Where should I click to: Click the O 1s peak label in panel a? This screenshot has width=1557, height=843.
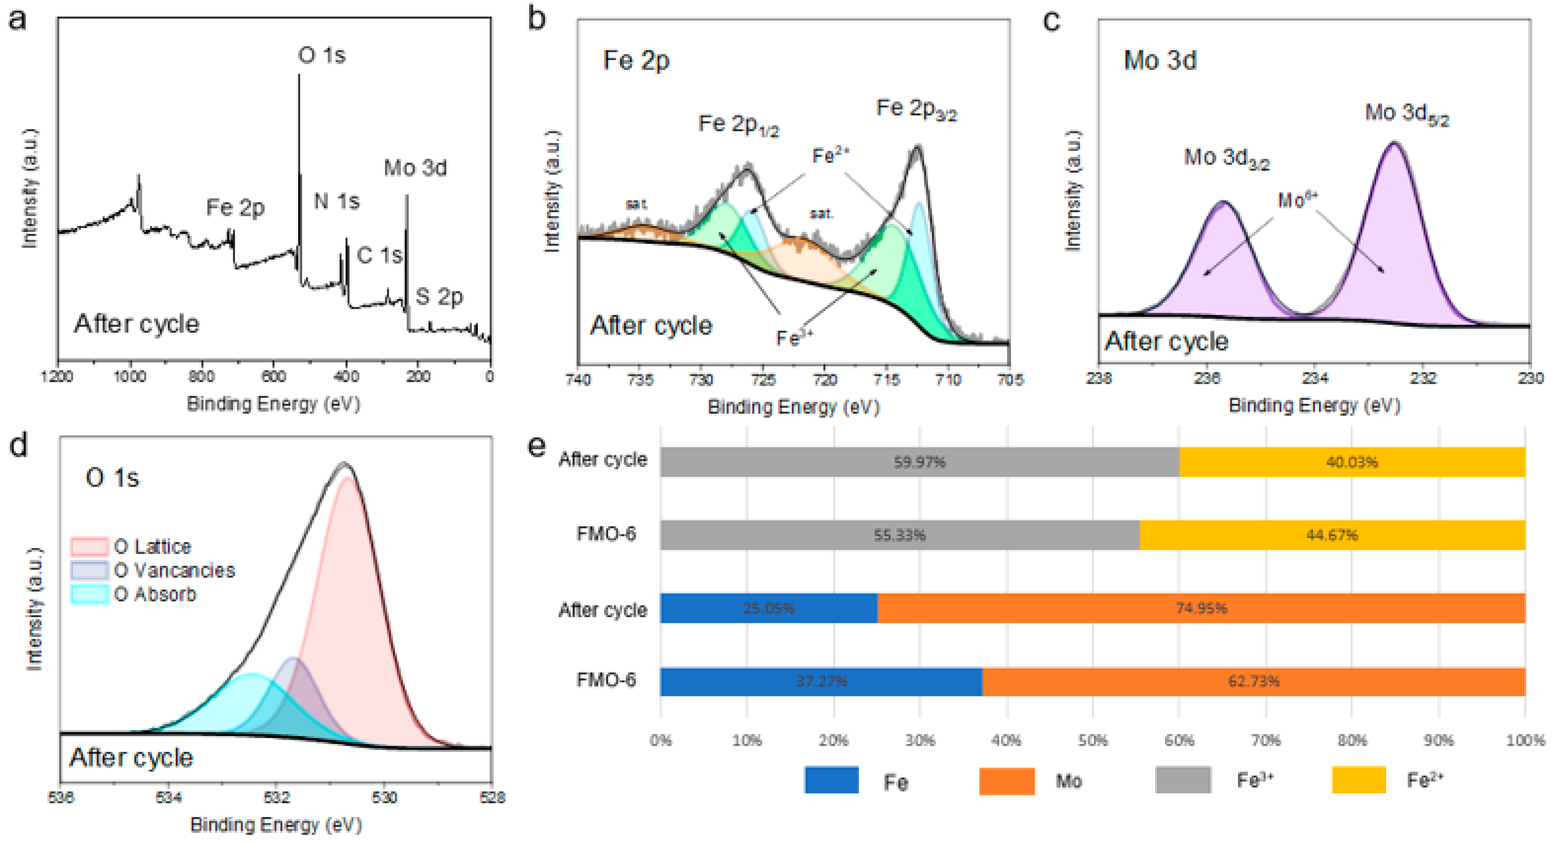pyautogui.click(x=322, y=55)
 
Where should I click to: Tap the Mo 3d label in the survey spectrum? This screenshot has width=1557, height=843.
pyautogui.click(x=415, y=168)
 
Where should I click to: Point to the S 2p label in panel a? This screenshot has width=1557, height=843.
pyautogui.click(x=439, y=296)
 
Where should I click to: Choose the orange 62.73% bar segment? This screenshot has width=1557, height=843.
pyautogui.click(x=1254, y=682)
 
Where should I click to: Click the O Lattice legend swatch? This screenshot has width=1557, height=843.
pyautogui.click(x=89, y=546)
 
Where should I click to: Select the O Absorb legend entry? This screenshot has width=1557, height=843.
pyautogui.click(x=155, y=594)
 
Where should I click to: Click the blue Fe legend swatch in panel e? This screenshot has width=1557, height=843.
pyautogui.click(x=831, y=780)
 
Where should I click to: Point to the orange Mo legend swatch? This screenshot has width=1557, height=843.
pyautogui.click(x=1006, y=780)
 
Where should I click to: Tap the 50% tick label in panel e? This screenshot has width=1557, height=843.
pyautogui.click(x=1093, y=740)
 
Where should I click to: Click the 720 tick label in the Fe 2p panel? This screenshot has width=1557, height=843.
pyautogui.click(x=824, y=380)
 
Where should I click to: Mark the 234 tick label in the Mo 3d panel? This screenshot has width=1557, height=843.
pyautogui.click(x=1315, y=379)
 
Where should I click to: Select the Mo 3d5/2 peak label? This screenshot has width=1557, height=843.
pyautogui.click(x=1406, y=114)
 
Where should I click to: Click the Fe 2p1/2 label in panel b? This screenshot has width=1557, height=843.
pyautogui.click(x=738, y=125)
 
